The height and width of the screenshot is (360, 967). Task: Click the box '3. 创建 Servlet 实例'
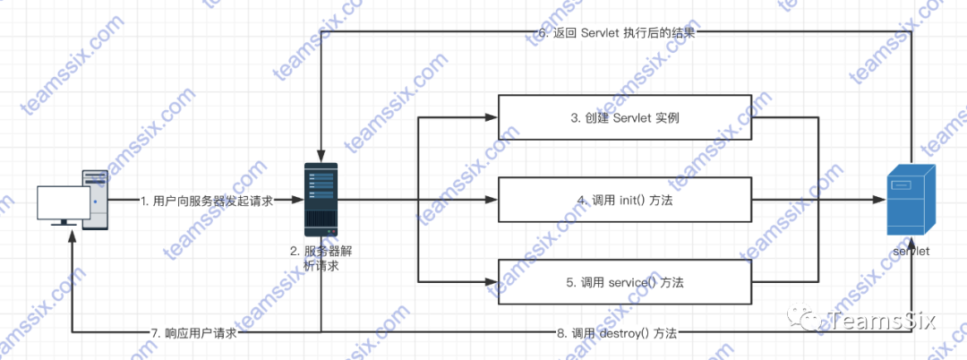pyautogui.click(x=623, y=117)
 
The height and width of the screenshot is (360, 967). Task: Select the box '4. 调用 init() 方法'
pyautogui.click(x=623, y=200)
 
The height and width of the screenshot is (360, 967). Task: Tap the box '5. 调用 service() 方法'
pyautogui.click(x=623, y=282)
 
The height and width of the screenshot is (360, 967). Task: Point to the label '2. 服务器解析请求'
pyautogui.click(x=319, y=258)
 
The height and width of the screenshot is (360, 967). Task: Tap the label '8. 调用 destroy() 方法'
pyautogui.click(x=616, y=333)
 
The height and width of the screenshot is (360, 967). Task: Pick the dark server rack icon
pyautogui.click(x=320, y=196)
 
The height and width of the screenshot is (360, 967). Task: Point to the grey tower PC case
pyautogui.click(x=96, y=199)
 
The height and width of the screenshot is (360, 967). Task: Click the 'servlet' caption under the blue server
pyautogui.click(x=911, y=252)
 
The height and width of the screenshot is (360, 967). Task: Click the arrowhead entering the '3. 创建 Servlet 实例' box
pyautogui.click(x=492, y=117)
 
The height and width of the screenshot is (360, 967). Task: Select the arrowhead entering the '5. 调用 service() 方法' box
pyautogui.click(x=492, y=282)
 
